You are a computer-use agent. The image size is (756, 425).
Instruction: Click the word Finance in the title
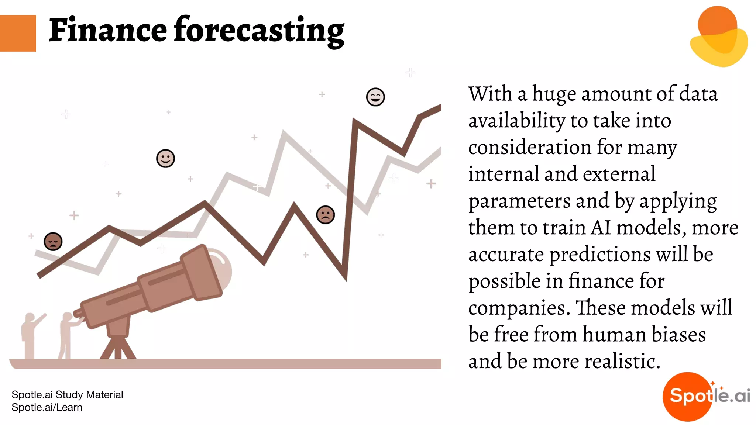[x=108, y=30]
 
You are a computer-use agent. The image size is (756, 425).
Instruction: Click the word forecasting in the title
[x=259, y=32]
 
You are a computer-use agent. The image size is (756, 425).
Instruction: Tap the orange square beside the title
[x=18, y=33]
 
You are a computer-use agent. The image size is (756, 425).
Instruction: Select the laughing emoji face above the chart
[x=375, y=97]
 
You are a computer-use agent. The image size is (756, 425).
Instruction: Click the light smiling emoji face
[x=165, y=159]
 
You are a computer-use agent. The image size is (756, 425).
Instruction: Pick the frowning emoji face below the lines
[x=326, y=215]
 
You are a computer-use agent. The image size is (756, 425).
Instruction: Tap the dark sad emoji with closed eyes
[x=53, y=242]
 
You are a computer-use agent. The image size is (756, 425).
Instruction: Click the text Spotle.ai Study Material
[x=67, y=395]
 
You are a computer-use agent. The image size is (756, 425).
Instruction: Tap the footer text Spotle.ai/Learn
[x=47, y=408]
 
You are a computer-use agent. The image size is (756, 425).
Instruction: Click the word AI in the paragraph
[x=601, y=228]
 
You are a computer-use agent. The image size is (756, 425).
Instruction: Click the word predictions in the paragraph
[x=599, y=255]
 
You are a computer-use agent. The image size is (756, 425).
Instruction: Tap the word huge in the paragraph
[x=554, y=94]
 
